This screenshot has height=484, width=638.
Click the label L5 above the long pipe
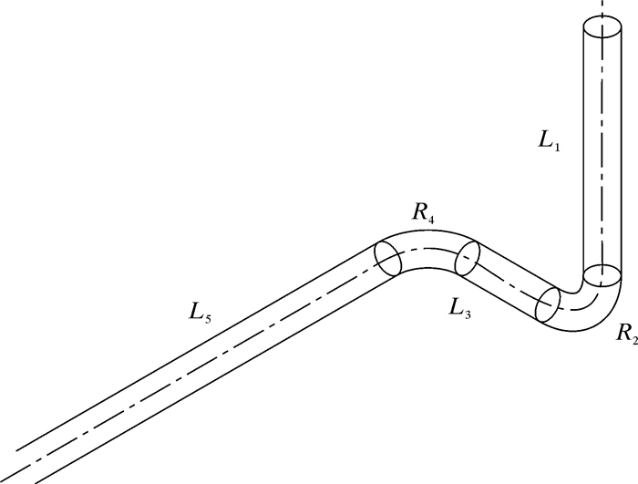(x=201, y=313)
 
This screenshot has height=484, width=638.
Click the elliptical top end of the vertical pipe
(x=602, y=27)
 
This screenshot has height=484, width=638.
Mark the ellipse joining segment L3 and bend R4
(x=467, y=258)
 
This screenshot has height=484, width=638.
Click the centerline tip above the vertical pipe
(x=602, y=4)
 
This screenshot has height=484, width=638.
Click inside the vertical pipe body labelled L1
(x=602, y=146)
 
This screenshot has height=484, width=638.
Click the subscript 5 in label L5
(x=208, y=317)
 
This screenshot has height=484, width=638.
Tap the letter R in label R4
(x=418, y=211)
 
